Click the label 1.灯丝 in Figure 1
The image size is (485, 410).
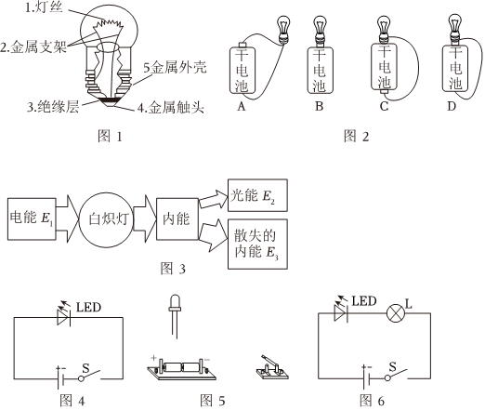click(44, 7)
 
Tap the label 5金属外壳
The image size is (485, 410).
click(175, 68)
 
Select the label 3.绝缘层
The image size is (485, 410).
click(53, 107)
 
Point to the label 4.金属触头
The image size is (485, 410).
click(171, 107)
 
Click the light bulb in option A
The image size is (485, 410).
click(282, 30)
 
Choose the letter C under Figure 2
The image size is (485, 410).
click(384, 106)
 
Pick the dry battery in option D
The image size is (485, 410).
click(455, 68)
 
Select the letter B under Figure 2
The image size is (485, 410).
click(319, 106)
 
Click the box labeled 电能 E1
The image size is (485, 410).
click(32, 218)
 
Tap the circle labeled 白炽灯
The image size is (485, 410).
click(106, 219)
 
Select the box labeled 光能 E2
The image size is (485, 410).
click(257, 195)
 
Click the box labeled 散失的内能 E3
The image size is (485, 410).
click(257, 245)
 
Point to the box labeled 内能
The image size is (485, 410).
click(177, 218)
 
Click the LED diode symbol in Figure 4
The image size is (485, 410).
click(64, 317)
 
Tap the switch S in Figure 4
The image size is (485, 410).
click(90, 375)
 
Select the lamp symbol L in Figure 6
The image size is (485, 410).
click(396, 313)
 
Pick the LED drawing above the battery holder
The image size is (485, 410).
click(175, 317)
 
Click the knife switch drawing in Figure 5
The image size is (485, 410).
click(272, 368)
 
